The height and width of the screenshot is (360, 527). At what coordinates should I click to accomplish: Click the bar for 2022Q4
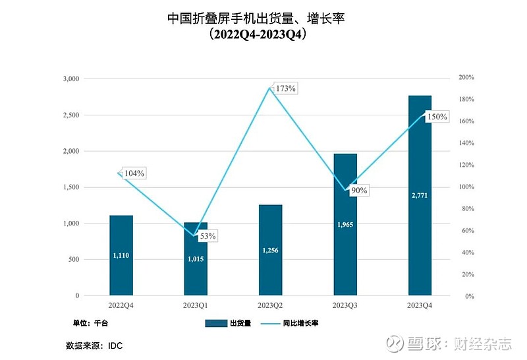pyautogui.click(x=121, y=255)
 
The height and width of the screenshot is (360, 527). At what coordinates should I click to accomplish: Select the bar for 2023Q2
pyautogui.click(x=270, y=250)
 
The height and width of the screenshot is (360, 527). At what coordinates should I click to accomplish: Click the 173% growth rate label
pyautogui.click(x=286, y=88)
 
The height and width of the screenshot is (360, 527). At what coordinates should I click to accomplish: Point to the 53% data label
pyautogui.click(x=206, y=235)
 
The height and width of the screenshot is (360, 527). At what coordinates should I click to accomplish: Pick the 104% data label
pyautogui.click(x=134, y=173)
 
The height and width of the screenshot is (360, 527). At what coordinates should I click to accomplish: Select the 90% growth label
pyautogui.click(x=358, y=191)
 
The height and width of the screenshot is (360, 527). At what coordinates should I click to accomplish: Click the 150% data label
pyautogui.click(x=436, y=117)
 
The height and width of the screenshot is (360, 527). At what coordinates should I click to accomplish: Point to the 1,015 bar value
pyautogui.click(x=196, y=258)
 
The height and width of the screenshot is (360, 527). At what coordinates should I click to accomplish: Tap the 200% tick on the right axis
pyautogui.click(x=466, y=78)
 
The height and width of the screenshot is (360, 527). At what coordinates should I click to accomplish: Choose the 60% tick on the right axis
pyautogui.click(x=466, y=231)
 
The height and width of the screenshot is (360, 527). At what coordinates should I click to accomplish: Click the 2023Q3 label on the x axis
pyautogui.click(x=345, y=306)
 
